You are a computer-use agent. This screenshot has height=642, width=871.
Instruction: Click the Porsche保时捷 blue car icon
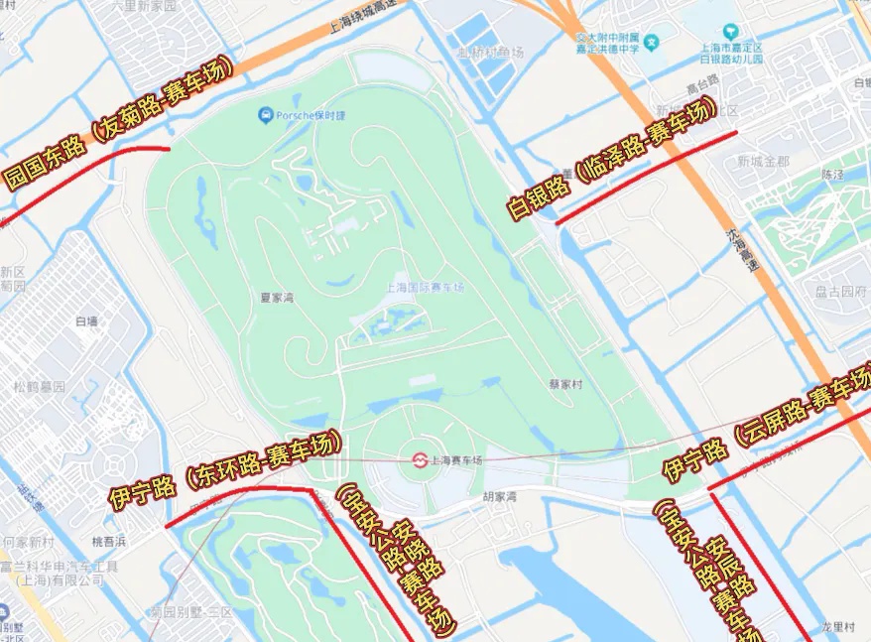(x=266, y=116)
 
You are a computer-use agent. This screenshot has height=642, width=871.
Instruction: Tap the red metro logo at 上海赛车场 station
(x=420, y=459)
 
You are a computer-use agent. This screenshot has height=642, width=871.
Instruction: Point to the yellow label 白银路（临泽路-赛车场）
(x=609, y=160)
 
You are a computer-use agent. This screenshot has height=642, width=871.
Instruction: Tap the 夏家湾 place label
(x=277, y=296)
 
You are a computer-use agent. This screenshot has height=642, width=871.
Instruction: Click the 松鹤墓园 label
(x=39, y=386)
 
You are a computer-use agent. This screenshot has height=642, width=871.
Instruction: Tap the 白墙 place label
(x=86, y=321)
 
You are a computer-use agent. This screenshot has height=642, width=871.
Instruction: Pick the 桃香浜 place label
(x=109, y=542)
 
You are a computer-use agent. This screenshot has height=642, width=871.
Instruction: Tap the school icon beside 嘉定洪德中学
(x=652, y=44)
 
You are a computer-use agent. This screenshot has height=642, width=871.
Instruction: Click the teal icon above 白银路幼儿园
(x=731, y=31)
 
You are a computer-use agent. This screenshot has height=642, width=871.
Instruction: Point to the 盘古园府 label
(x=839, y=292)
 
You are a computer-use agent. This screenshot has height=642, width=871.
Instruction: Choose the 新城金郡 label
(x=763, y=161)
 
